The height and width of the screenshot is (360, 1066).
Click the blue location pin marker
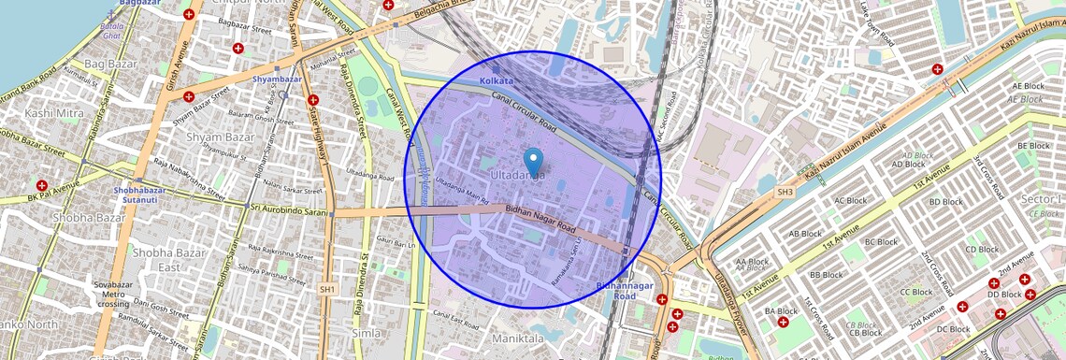click(533, 162)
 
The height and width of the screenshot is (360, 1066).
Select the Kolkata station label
click(497, 81)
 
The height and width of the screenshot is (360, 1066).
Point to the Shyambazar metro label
click(277, 79)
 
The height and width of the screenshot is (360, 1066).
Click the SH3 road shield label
click(785, 193)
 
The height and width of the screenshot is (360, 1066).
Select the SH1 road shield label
click(327, 290)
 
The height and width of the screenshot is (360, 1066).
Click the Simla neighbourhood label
click(366, 333)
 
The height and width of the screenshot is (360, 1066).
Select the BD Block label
click(945, 201)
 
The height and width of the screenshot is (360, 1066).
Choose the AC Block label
click(851, 200)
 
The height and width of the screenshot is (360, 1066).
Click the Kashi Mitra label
click(53, 113)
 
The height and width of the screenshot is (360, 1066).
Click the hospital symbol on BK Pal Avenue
click(41, 186)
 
